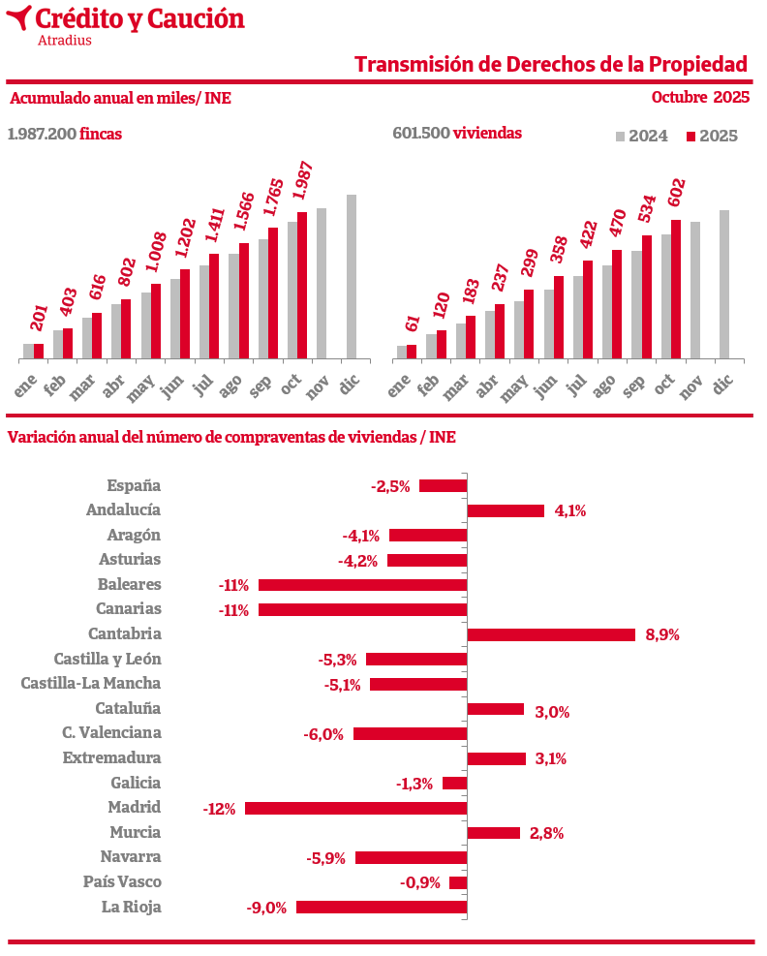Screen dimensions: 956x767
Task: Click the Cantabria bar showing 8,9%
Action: [551, 634]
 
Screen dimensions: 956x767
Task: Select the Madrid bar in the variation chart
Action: [355, 808]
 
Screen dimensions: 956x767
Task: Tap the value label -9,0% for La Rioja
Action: [267, 908]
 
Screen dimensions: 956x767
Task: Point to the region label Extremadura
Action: [111, 757]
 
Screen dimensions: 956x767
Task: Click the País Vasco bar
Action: [458, 882]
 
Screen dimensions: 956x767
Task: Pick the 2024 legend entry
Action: [642, 137]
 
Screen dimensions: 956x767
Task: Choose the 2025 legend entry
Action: [712, 137]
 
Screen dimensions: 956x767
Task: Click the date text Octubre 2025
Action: [700, 97]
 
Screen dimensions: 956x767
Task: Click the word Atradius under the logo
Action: [64, 41]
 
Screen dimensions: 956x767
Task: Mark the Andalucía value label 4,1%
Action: [570, 510]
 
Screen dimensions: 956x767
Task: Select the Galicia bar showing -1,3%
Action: [454, 783]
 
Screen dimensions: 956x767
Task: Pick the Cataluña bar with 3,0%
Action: [496, 709]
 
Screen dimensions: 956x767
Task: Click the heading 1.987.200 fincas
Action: [65, 134]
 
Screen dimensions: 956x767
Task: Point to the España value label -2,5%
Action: [390, 486]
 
